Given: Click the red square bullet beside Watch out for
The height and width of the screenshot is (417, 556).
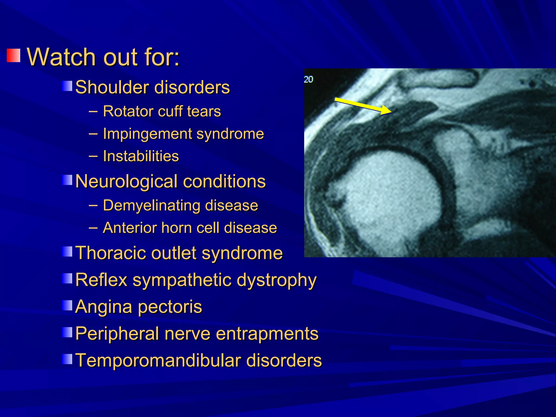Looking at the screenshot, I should (x=14, y=55).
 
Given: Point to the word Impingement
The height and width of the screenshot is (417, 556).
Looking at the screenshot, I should (x=147, y=134).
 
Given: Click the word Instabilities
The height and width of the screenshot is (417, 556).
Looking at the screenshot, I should (x=141, y=156).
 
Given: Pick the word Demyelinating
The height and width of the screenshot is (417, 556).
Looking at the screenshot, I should (x=152, y=205).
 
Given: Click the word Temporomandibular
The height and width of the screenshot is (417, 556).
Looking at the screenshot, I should (x=158, y=360).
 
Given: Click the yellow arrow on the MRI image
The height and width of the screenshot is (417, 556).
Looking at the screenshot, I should (x=363, y=106).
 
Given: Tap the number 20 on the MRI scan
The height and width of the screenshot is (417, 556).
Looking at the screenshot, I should (x=308, y=80).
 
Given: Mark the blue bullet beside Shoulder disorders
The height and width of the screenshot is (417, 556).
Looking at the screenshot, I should (x=67, y=86).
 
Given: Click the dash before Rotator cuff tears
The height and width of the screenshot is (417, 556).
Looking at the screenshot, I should (x=93, y=111).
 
